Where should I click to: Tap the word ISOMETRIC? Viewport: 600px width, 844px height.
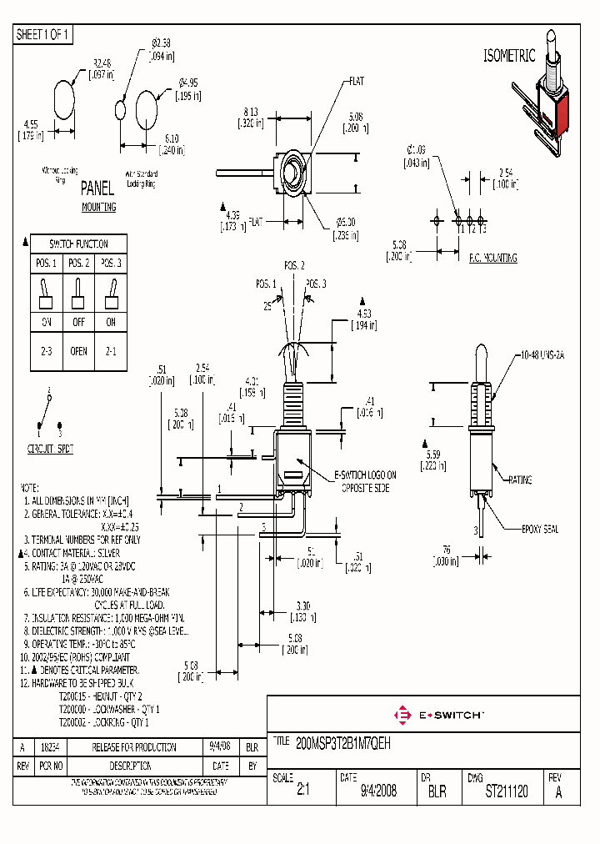tap(510, 56)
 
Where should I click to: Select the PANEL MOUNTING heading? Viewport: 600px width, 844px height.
tap(98, 198)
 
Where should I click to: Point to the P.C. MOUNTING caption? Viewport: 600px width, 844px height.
tap(492, 259)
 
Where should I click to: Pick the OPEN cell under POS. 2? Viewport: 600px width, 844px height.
tap(78, 351)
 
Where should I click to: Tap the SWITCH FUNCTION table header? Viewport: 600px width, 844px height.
tap(77, 244)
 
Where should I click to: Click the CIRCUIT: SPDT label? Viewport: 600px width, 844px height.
tap(50, 449)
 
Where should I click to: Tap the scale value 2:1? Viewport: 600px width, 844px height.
tap(302, 791)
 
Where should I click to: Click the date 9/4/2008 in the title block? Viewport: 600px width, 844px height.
tap(378, 791)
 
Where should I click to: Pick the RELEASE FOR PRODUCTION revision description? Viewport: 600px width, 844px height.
tap(134, 747)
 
